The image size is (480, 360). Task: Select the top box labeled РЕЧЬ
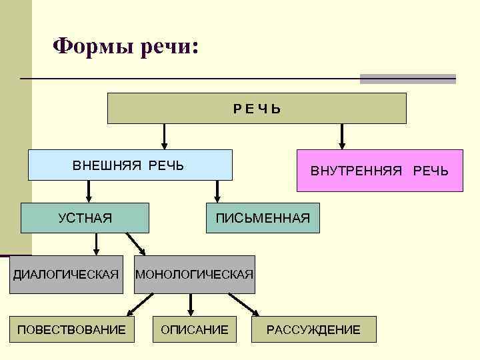pyautogui.click(x=257, y=108)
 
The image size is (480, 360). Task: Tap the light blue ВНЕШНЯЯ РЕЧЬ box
pyautogui.click(x=130, y=165)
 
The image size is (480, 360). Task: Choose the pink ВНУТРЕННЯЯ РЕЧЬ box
pyautogui.click(x=379, y=171)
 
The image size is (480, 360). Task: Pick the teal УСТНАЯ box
pyautogui.click(x=85, y=217)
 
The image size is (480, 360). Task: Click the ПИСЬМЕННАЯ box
pyautogui.click(x=263, y=217)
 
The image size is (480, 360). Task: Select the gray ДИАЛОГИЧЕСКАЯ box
pyautogui.click(x=66, y=274)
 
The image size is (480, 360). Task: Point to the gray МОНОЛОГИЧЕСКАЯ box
pyautogui.click(x=194, y=274)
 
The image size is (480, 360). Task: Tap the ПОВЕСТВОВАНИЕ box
pyautogui.click(x=71, y=329)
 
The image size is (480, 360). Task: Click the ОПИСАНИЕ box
pyautogui.click(x=194, y=329)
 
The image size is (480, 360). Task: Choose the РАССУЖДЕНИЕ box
pyautogui.click(x=313, y=329)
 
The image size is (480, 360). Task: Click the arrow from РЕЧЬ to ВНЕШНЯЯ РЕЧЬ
pyautogui.click(x=164, y=136)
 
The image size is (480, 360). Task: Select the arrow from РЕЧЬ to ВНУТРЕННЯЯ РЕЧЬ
pyautogui.click(x=342, y=136)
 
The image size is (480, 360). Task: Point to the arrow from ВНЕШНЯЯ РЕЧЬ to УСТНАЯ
pyautogui.click(x=89, y=191)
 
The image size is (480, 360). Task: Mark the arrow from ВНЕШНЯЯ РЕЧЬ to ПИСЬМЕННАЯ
pyautogui.click(x=216, y=191)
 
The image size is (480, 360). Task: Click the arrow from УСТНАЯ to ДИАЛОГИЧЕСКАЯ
pyautogui.click(x=97, y=244)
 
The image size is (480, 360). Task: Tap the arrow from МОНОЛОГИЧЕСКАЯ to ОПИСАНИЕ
pyautogui.click(x=191, y=304)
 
